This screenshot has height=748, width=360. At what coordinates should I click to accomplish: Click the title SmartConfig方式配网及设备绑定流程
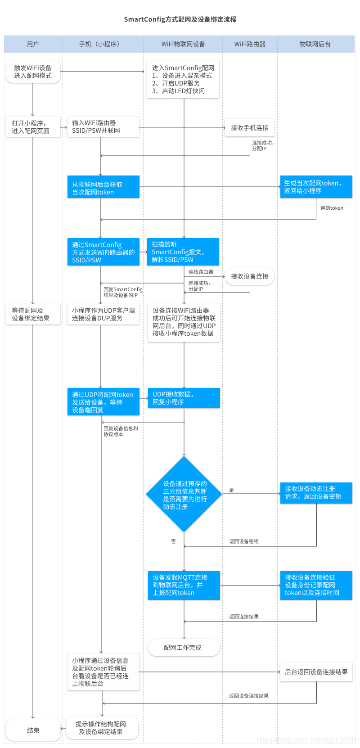[180, 19]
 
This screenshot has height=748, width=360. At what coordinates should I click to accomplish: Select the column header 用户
[33, 44]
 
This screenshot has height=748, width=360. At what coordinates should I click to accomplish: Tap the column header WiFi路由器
[250, 44]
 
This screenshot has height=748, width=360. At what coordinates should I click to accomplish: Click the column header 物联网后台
[315, 44]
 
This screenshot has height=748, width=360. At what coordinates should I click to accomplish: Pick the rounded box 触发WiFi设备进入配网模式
[33, 72]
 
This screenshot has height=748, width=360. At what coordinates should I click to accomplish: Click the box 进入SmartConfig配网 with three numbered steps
[183, 79]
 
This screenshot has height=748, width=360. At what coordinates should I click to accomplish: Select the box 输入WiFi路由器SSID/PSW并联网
[103, 127]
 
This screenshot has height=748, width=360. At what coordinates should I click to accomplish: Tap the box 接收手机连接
[249, 128]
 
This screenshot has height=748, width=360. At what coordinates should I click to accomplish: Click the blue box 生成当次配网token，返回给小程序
[316, 187]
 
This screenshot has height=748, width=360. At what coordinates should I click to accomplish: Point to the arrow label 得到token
[332, 208]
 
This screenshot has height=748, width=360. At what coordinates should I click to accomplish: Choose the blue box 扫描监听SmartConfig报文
[183, 252]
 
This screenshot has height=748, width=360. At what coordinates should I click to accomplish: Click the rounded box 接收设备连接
[249, 276]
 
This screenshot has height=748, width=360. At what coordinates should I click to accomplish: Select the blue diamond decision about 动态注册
[184, 495]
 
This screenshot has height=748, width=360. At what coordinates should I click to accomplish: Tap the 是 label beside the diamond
[231, 490]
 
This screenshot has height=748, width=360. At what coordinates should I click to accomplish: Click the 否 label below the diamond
[173, 541]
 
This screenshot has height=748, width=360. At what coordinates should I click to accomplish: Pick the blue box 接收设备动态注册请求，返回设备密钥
[316, 493]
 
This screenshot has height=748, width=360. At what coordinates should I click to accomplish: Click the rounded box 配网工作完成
[184, 648]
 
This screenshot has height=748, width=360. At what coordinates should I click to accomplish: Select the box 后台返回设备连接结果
[316, 672]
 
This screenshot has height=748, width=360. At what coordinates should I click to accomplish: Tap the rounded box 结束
[33, 730]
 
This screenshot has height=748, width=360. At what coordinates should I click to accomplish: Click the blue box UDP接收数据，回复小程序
[184, 398]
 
